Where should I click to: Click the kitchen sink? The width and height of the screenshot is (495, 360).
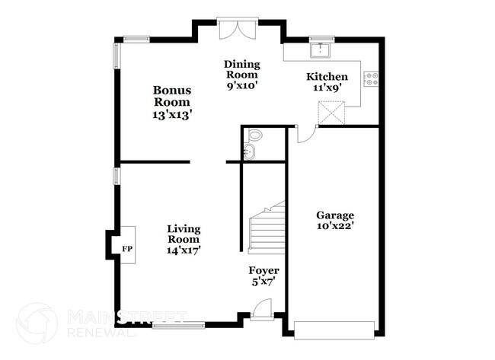pyautogui.click(x=321, y=50)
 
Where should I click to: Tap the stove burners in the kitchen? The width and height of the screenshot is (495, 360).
pyautogui.click(x=372, y=79)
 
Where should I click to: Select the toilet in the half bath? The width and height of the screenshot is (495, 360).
pyautogui.click(x=254, y=135)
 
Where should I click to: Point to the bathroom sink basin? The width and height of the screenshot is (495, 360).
pyautogui.click(x=250, y=151)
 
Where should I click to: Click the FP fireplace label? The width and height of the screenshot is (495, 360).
pyautogui.click(x=127, y=249)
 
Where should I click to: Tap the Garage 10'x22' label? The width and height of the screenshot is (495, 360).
pyautogui.click(x=335, y=221)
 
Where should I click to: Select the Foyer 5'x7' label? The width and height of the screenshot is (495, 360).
pyautogui.click(x=263, y=276)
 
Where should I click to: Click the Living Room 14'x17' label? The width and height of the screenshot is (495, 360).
pyautogui.click(x=184, y=239)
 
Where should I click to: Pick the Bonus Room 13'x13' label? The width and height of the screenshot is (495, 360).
pyautogui.click(x=172, y=102)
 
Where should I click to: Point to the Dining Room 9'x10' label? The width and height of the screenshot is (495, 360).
pyautogui.click(x=242, y=75)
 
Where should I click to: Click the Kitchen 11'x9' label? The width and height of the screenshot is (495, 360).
pyautogui.click(x=327, y=81)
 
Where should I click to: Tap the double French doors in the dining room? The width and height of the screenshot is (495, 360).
pyautogui.click(x=238, y=29)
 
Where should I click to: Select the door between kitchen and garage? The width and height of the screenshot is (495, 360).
pyautogui.click(x=307, y=135)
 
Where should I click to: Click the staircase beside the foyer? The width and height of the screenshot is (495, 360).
pyautogui.click(x=267, y=229)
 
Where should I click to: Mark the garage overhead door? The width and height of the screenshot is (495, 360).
pyautogui.click(x=334, y=330)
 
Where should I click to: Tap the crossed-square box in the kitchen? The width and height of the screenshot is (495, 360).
pyautogui.click(x=331, y=113)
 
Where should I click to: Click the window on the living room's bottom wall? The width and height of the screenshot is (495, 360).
pyautogui.click(x=178, y=325)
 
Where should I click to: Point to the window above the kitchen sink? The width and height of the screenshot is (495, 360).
pyautogui.click(x=321, y=39)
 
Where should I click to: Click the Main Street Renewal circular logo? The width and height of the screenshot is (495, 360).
pyautogui.click(x=37, y=323)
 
